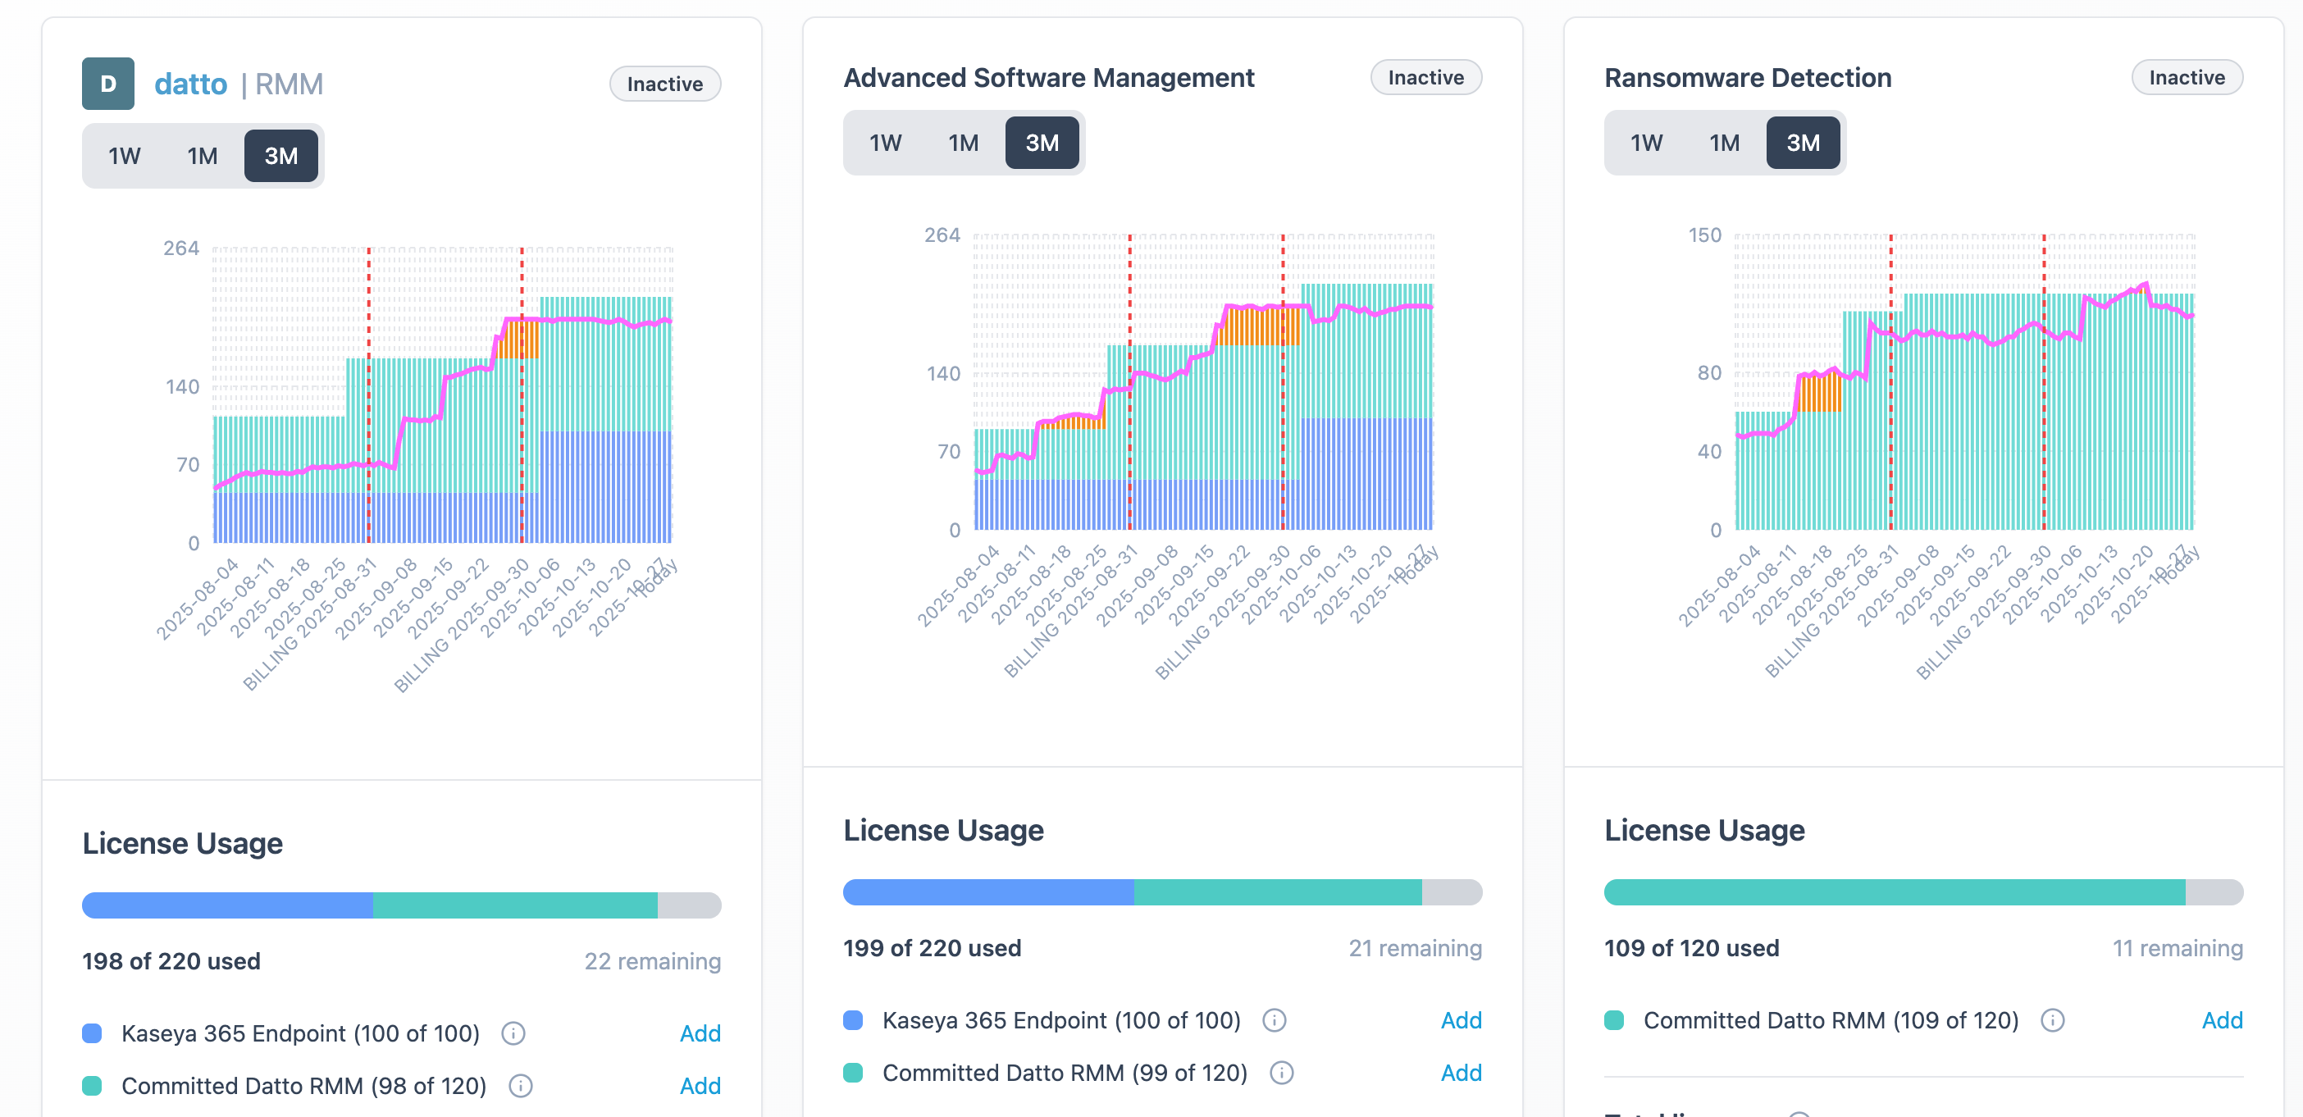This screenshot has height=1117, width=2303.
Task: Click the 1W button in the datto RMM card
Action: pos(125,157)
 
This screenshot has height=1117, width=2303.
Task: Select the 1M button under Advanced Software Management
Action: pos(963,143)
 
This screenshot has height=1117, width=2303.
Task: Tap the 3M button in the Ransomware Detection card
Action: pos(1803,143)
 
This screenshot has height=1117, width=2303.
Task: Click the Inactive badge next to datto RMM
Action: pos(664,84)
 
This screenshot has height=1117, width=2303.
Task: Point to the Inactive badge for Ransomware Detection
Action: pos(2186,78)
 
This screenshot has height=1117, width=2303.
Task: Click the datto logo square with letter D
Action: pos(108,84)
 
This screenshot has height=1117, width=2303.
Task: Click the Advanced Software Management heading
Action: pos(1048,78)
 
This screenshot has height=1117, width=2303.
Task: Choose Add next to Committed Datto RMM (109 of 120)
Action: pos(2221,1020)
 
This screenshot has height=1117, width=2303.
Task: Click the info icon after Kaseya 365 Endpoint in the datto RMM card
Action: pos(513,1034)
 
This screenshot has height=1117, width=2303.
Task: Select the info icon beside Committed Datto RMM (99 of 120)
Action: pos(1281,1074)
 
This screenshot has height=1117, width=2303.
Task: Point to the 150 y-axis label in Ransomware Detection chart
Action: pos(1704,235)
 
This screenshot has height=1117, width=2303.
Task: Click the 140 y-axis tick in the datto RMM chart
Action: pos(181,387)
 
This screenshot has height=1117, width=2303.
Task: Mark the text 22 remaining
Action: pos(652,961)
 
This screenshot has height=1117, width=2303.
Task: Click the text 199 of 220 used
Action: pos(932,948)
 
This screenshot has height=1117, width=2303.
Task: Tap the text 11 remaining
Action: pos(2177,948)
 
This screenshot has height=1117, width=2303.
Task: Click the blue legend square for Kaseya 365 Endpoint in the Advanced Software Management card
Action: pos(853,1020)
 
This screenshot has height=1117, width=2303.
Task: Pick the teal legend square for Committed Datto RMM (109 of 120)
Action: pos(1614,1020)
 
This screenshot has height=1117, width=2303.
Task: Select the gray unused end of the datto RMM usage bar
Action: pos(688,905)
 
